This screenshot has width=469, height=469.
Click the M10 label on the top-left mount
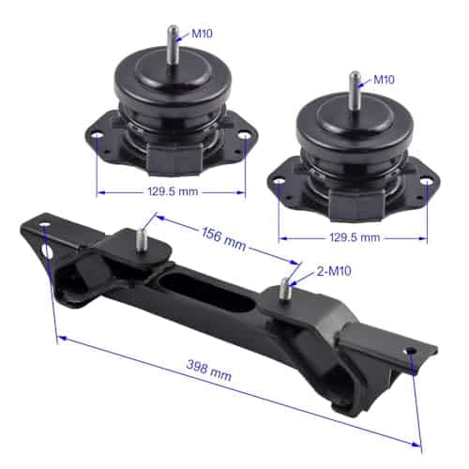point(202,33)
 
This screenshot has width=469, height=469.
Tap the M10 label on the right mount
point(384,80)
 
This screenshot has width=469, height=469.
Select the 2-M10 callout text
point(334,271)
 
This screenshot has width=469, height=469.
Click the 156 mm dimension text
point(223,239)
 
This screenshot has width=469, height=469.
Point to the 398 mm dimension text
point(209,370)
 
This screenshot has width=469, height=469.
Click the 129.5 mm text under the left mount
point(173,191)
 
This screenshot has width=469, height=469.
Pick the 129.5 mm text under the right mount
point(355,237)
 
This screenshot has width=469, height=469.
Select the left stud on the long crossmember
point(143,240)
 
